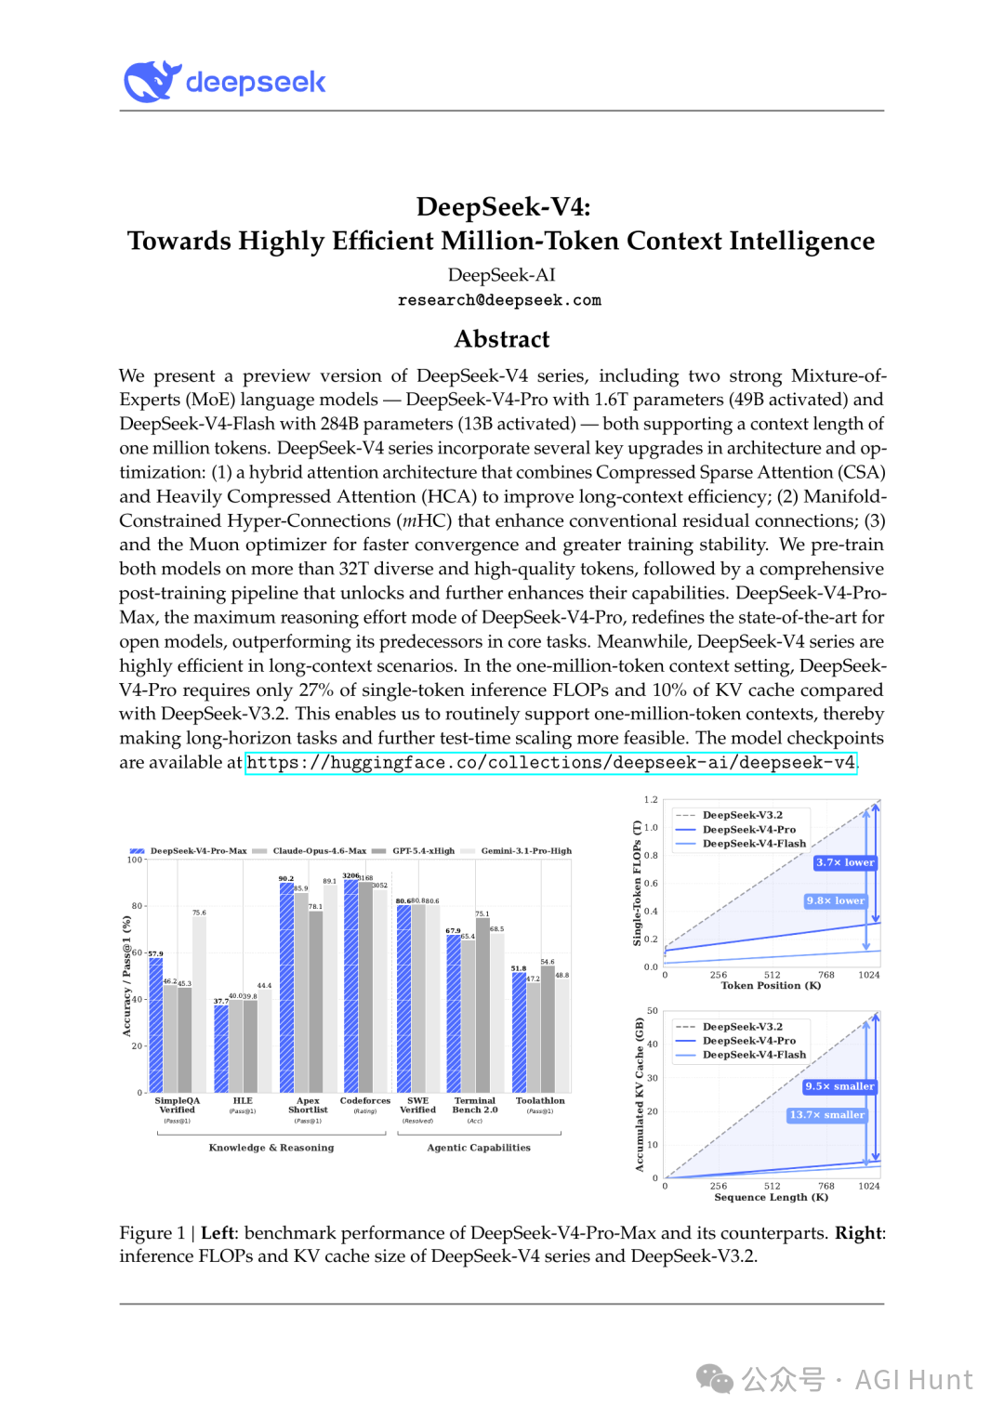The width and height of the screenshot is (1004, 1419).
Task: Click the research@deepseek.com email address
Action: point(499,300)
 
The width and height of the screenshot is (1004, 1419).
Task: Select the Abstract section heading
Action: point(502,339)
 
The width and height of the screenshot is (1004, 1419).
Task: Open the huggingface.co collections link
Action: point(550,763)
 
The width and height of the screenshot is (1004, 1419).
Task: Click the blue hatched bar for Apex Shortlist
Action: point(286,987)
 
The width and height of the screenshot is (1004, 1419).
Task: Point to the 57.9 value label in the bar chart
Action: point(155,953)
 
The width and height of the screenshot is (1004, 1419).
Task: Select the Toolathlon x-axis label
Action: point(540,1101)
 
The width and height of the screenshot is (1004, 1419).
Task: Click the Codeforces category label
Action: point(365,1101)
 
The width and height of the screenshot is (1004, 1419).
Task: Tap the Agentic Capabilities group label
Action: point(479,1148)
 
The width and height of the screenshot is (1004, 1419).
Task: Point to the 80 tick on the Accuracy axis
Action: point(137,906)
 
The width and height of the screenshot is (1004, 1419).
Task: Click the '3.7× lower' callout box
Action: point(845,862)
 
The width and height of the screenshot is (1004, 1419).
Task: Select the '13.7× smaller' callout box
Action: point(826,1115)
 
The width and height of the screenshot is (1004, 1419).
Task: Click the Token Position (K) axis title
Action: point(771,986)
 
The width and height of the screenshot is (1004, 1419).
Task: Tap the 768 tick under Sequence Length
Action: point(826,1186)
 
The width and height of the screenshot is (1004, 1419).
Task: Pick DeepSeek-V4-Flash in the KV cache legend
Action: point(754,1055)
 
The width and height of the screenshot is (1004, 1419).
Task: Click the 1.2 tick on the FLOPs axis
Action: point(651,799)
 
